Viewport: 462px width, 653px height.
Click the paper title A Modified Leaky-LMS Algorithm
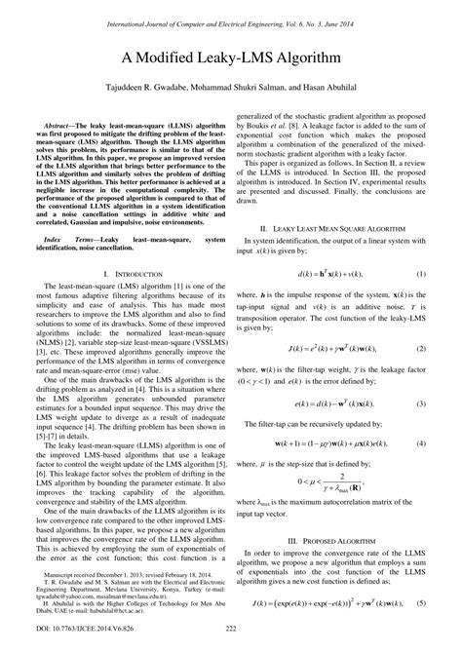point(230,59)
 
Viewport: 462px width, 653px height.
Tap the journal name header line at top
point(231,9)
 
